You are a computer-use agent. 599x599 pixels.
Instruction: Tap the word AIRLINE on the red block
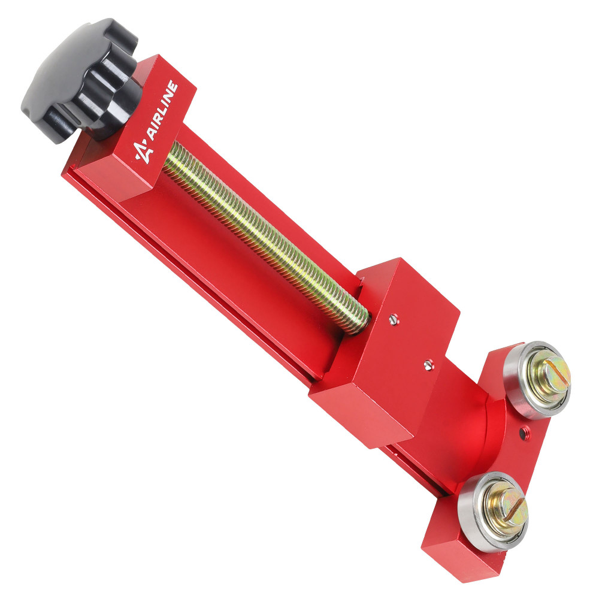162,110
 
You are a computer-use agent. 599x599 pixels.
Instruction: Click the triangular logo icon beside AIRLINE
143,152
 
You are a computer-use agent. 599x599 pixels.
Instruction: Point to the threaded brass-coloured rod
265,237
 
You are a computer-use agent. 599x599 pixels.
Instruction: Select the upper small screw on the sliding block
394,319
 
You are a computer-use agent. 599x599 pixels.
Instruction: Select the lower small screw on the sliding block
429,365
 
